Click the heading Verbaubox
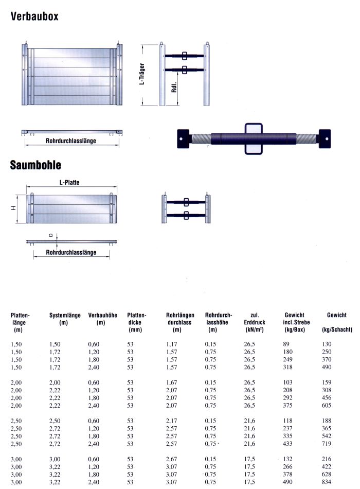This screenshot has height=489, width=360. (34, 16)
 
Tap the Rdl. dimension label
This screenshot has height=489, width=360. (174, 89)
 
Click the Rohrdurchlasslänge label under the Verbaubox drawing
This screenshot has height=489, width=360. (70, 140)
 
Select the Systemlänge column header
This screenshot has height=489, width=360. (64, 318)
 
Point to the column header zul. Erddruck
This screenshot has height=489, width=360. (254, 322)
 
